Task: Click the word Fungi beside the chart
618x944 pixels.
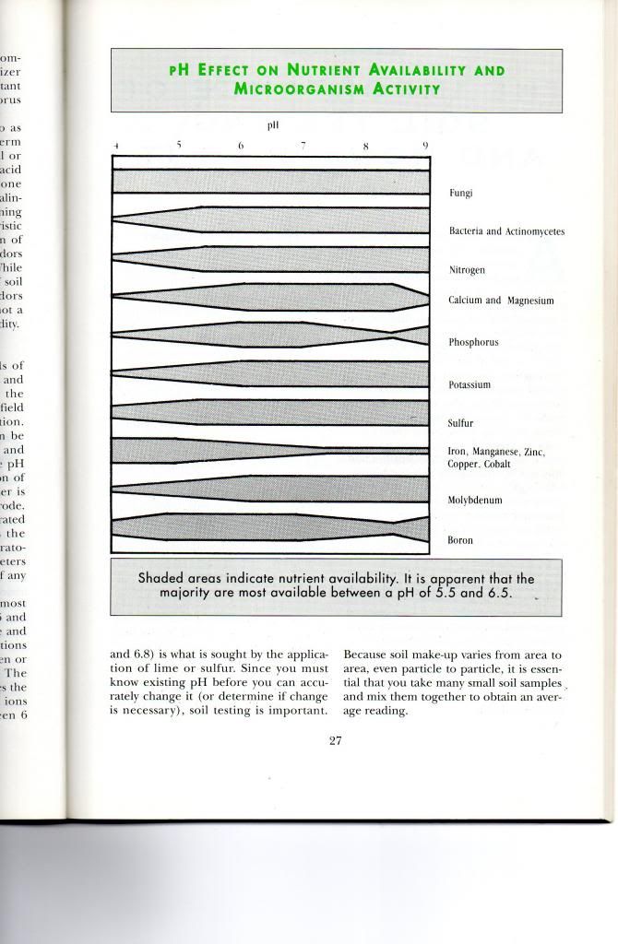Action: [x=460, y=194]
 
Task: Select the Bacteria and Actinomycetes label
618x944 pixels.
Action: [x=505, y=231]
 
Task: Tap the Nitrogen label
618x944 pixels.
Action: [x=467, y=271]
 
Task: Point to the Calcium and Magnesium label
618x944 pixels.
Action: [x=500, y=301]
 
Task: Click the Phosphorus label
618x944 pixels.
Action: [x=473, y=342]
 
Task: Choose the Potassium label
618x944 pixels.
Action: [x=470, y=384]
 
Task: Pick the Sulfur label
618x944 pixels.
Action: [x=460, y=424]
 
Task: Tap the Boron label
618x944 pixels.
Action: [x=460, y=540]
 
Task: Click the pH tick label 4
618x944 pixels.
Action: [x=116, y=147]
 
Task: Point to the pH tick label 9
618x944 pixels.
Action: [x=425, y=146]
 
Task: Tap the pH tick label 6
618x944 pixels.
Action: [x=240, y=146]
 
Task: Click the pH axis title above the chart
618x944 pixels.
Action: [x=273, y=124]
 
